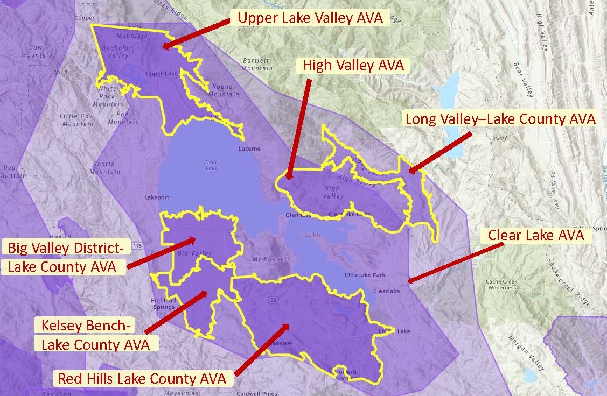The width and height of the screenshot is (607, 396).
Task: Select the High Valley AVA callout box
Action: pos(353,66)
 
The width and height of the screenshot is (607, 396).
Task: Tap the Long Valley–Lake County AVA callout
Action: pos(500,119)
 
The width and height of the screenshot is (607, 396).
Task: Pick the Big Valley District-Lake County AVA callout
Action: pos(66,257)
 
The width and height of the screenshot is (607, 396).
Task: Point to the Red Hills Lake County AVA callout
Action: pos(142,379)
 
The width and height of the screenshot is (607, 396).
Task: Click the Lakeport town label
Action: pos(157,197)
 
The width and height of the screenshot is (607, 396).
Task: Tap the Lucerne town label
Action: pos(249,148)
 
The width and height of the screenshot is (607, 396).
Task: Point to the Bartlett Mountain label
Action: pos(257,65)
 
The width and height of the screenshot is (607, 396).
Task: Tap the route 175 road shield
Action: pos(138,246)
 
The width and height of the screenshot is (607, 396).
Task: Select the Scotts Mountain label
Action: pos(105,168)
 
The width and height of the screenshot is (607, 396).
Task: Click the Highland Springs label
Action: pos(163,303)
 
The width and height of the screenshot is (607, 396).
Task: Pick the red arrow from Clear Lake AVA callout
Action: pos(456,261)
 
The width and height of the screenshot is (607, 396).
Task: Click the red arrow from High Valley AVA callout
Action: pos(299,129)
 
